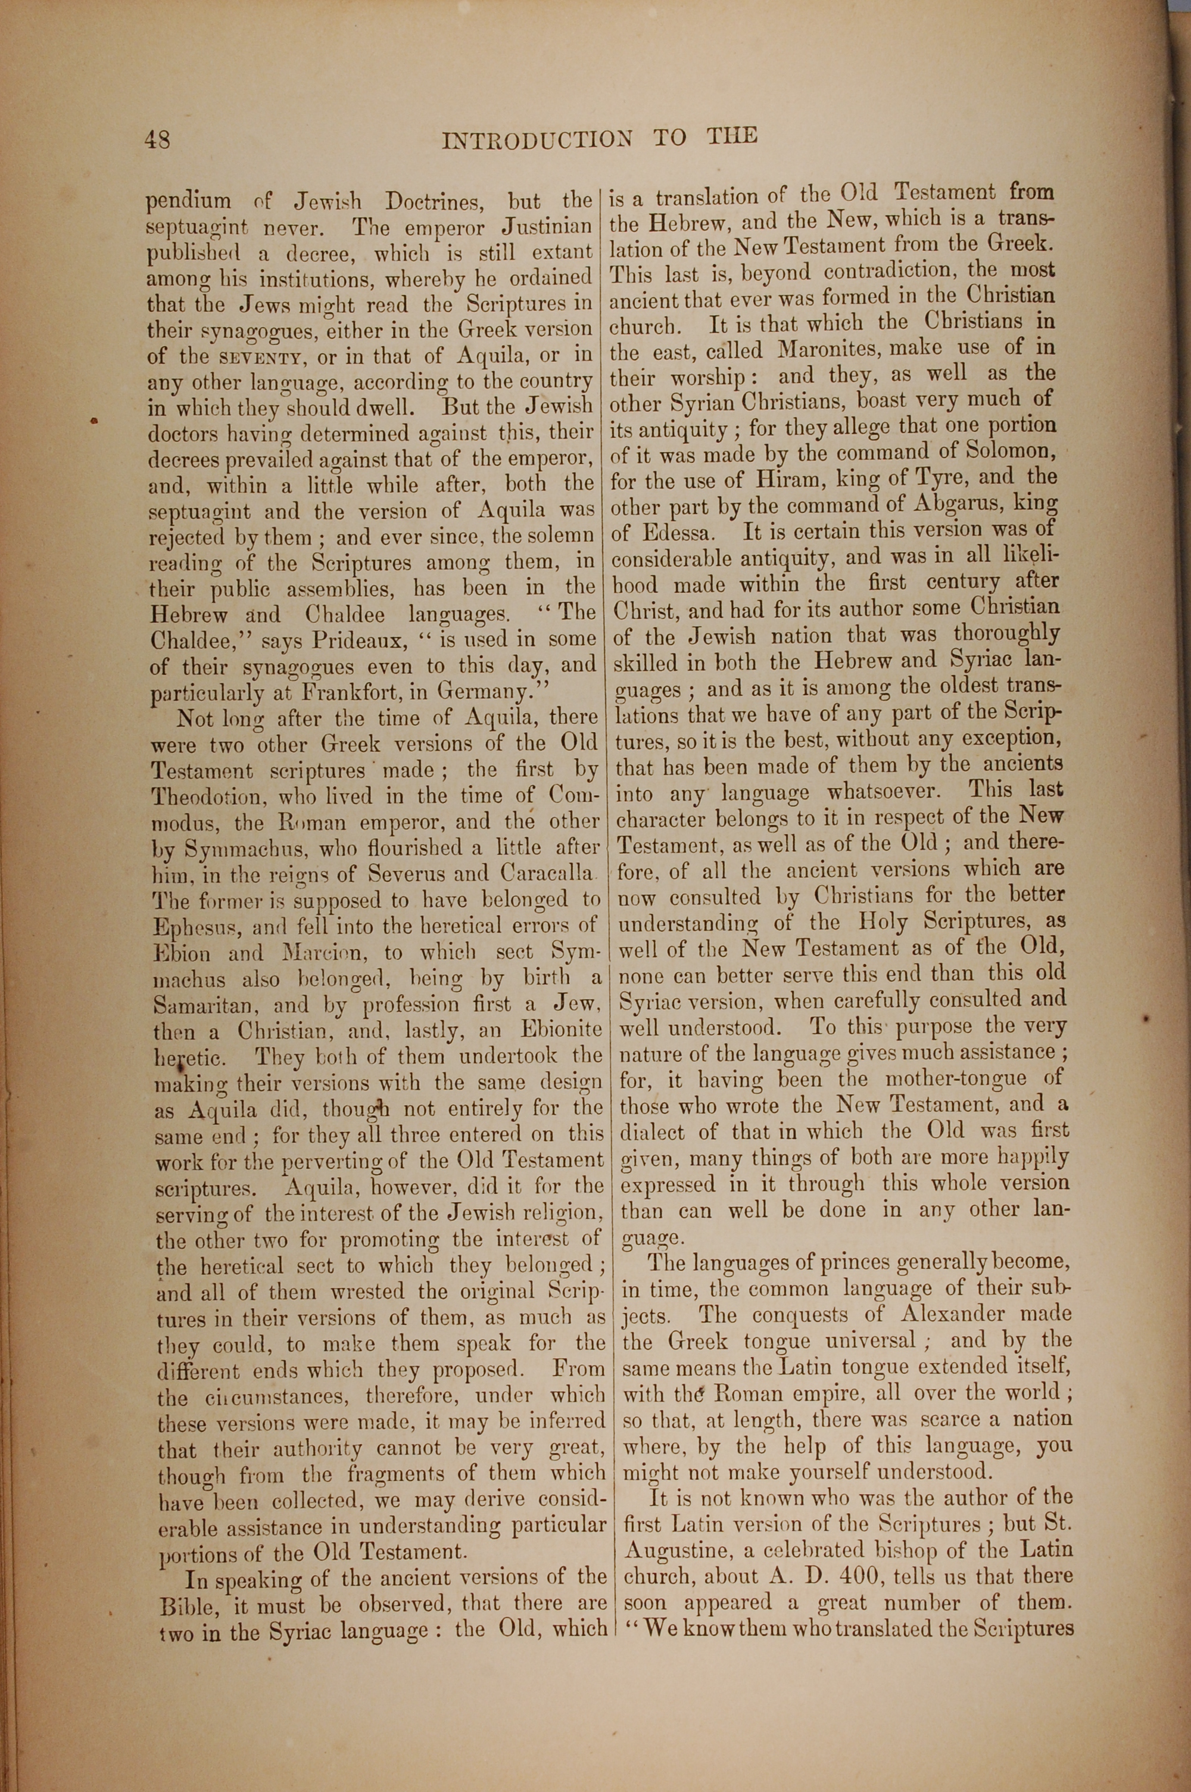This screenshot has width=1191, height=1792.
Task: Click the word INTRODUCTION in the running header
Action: (537, 139)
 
